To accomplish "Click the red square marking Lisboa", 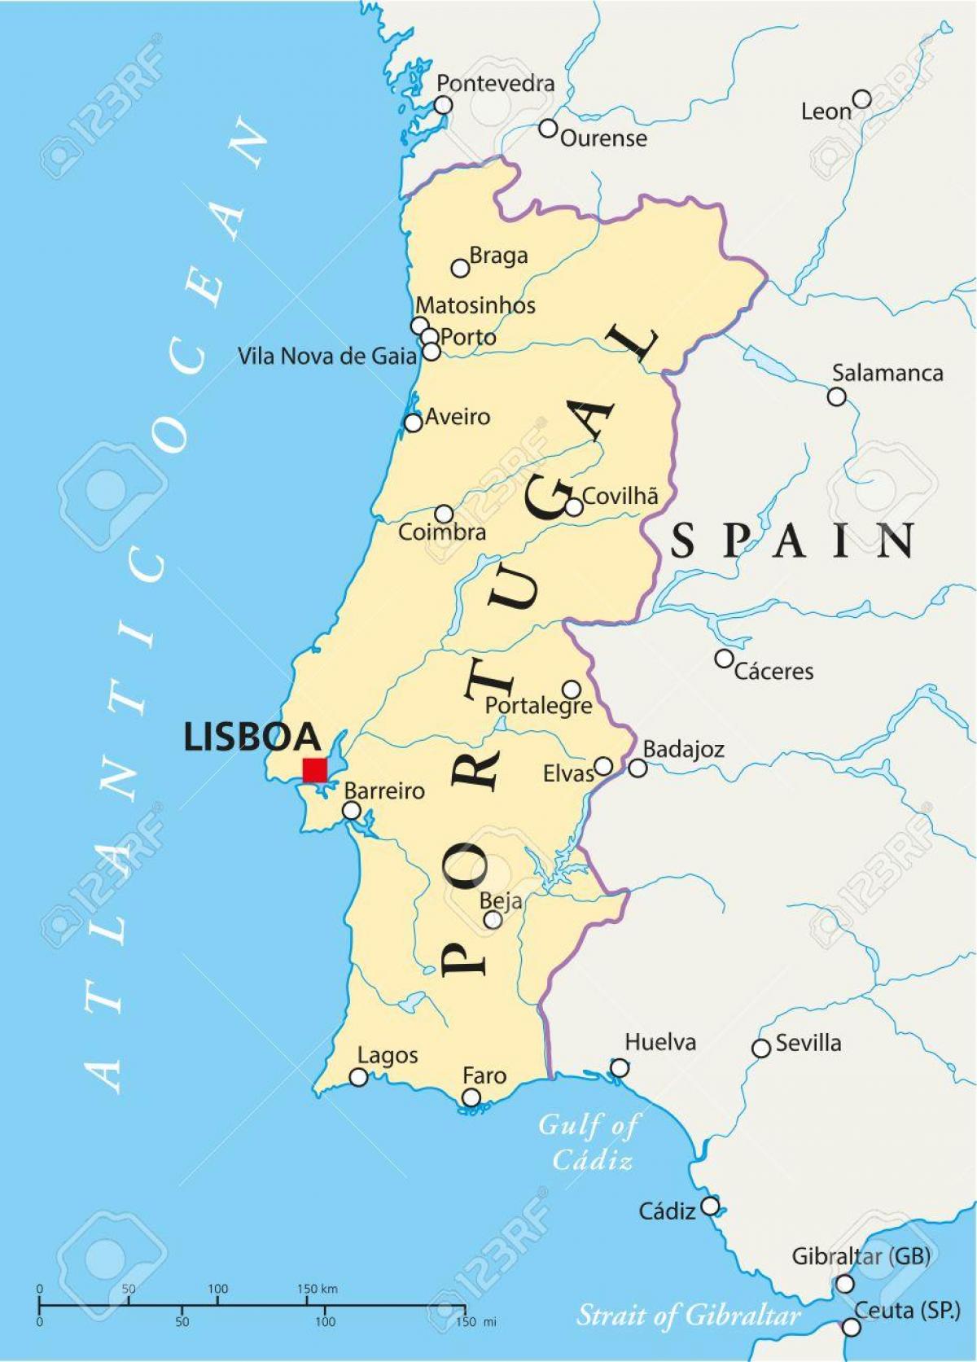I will [x=314, y=769].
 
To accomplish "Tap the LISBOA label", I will [x=252, y=737].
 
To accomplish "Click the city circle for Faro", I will [x=471, y=1097].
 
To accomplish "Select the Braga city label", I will [x=498, y=256].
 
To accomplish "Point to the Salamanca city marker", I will [x=836, y=396].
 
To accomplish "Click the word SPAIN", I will [x=792, y=541].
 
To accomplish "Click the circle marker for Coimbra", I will [x=444, y=514].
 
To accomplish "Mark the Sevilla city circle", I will [x=761, y=1049].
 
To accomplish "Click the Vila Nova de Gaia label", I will [x=326, y=356].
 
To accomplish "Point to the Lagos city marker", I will [x=358, y=1077].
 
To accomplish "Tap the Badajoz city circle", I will [x=637, y=768].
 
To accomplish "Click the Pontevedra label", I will [x=495, y=83].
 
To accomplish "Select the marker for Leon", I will [x=861, y=99].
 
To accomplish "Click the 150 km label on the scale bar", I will [x=317, y=1289].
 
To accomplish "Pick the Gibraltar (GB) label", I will [x=861, y=1256].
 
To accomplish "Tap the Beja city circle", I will [x=493, y=919].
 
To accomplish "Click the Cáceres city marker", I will [x=724, y=658].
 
